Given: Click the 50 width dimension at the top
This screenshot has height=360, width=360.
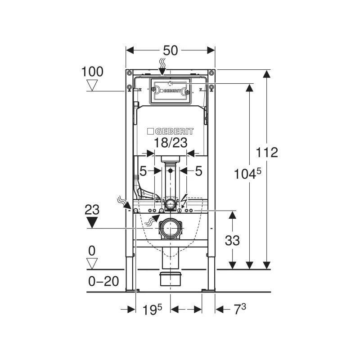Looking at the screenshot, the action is (171, 50).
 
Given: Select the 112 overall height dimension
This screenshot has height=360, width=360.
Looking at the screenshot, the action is (267, 152).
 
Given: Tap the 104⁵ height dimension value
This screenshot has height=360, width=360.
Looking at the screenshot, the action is (247, 174).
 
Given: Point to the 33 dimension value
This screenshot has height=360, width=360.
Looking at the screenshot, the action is (232, 240).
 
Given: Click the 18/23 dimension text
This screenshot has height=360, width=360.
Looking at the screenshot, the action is (171, 143).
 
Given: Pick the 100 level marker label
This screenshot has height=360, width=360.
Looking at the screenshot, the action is (92, 72).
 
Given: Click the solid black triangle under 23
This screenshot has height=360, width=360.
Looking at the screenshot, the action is (92, 222).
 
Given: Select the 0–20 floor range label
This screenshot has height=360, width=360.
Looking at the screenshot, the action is (103, 281).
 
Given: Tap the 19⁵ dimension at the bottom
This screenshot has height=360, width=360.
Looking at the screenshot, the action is (152, 310).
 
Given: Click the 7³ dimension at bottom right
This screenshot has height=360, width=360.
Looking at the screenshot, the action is (240, 309).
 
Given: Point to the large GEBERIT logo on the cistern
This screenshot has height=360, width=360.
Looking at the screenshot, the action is (170, 131).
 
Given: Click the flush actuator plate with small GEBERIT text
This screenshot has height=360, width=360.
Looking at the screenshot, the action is (170, 91).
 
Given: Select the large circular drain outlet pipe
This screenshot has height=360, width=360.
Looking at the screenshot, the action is (171, 229).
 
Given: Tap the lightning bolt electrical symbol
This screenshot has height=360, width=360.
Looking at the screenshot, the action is (184, 200).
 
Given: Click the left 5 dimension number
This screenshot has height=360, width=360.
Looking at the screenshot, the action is (143, 171).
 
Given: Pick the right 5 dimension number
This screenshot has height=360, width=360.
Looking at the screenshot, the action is (198, 171).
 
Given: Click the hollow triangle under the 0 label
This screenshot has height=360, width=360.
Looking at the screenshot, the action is (92, 263).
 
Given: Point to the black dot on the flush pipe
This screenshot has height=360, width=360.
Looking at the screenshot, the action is (171, 171).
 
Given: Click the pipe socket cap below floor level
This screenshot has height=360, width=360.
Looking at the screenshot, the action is (171, 279).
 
